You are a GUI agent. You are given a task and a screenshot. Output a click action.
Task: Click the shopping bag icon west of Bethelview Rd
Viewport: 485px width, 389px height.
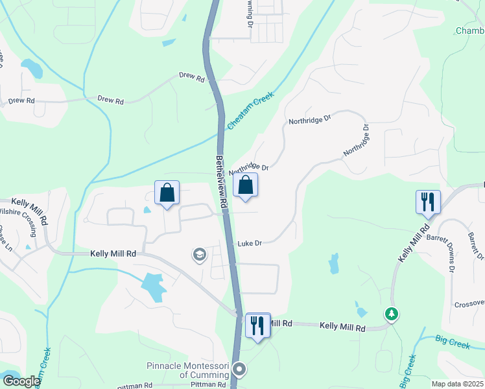point(167,193)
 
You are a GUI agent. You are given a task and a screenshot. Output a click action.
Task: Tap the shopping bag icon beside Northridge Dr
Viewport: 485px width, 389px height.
point(246,185)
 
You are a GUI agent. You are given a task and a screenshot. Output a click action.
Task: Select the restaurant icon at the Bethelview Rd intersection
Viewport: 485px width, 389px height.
point(258,326)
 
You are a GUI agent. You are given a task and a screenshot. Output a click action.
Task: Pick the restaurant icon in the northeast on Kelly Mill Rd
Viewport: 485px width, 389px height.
point(428,202)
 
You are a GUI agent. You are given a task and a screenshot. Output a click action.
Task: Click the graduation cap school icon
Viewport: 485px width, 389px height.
point(199,255)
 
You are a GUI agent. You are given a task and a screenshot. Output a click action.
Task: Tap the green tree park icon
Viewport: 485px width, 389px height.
point(391,314)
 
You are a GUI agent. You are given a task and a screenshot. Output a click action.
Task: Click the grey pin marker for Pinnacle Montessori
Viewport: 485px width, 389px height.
point(239,370)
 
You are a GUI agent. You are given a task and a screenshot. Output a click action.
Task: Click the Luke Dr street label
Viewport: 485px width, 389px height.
point(250,244)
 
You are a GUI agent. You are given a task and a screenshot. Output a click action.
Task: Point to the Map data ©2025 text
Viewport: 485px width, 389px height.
point(458,384)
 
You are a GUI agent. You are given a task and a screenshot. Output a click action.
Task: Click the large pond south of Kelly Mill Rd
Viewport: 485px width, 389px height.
point(154,285)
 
